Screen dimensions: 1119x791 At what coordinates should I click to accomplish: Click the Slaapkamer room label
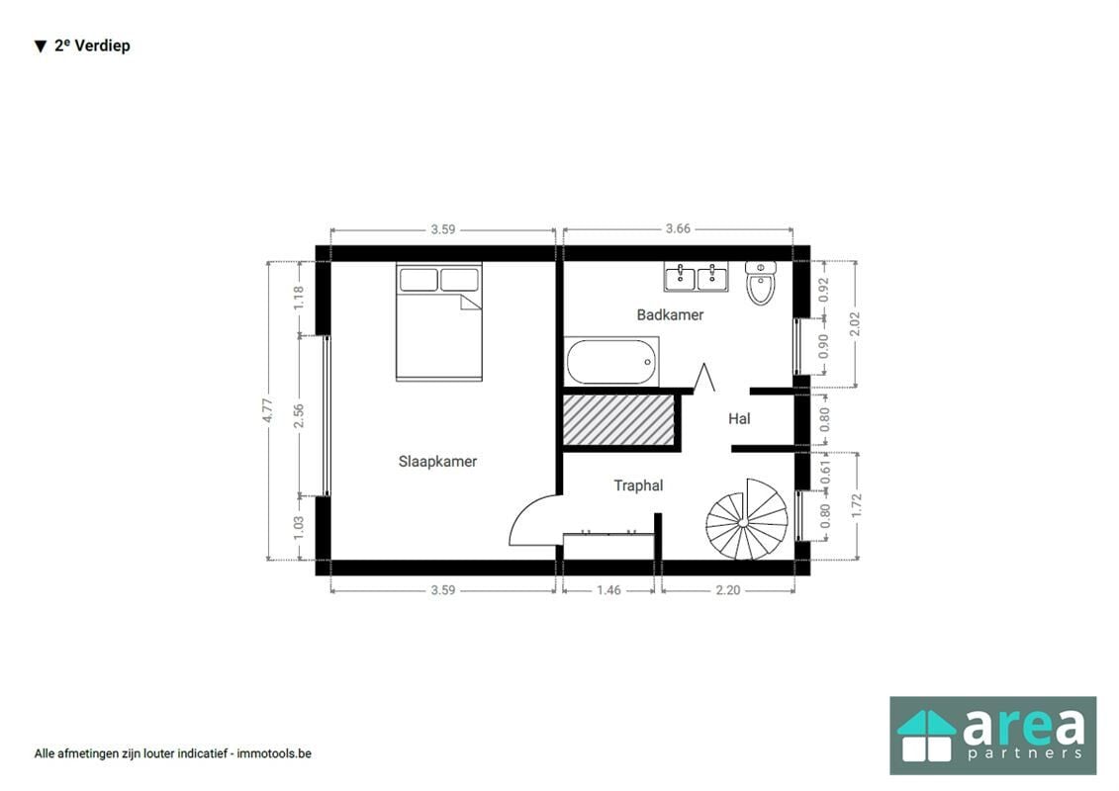pos(437,462)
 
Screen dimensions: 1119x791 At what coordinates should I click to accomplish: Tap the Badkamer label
pos(670,314)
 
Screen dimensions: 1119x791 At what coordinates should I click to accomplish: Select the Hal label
pos(739,418)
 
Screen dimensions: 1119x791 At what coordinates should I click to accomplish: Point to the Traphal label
pos(639,485)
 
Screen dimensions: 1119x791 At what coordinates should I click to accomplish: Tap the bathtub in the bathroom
pos(611,362)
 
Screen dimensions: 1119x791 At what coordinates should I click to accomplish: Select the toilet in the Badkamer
pos(760,283)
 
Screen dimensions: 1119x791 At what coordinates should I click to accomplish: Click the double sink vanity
pos(696,277)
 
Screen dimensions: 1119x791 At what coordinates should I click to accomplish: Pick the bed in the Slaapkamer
pos(439,321)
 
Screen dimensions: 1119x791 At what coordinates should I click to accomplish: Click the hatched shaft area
pos(618,421)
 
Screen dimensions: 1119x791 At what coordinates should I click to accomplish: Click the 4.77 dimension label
pos(267,410)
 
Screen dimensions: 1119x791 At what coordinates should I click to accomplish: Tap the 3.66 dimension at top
pos(678,229)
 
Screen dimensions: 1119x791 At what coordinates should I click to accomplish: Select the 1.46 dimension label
pos(608,590)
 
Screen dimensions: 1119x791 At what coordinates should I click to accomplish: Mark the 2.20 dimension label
pos(728,590)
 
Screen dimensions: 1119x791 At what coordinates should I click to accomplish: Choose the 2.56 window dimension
pos(299,415)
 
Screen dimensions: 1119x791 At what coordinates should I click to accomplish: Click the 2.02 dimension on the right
pos(857,324)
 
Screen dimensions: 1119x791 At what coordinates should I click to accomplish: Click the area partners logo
pos(992,736)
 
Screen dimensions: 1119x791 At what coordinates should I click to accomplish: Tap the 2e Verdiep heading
pos(83,45)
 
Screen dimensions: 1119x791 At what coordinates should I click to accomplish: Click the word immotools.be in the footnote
pos(274,753)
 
